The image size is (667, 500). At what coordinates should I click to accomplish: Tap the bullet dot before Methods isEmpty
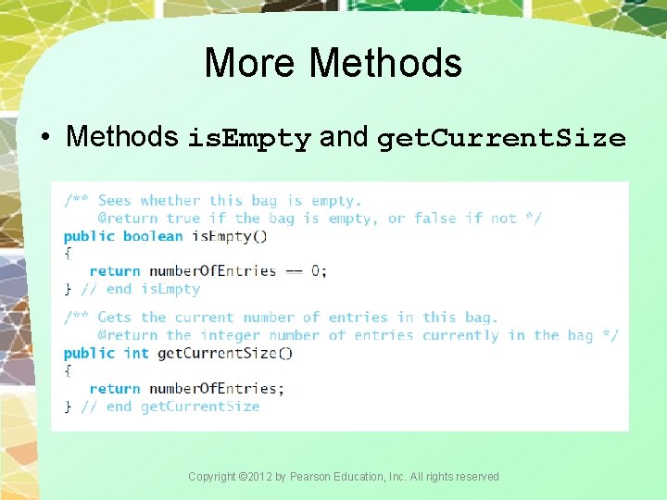pos(45,138)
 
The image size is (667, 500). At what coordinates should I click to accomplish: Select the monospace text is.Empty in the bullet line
pos(249,139)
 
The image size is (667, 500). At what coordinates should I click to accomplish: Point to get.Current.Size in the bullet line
pos(501,139)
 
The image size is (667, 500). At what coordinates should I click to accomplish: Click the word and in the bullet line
pos(344,137)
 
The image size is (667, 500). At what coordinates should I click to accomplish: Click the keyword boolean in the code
pos(153,236)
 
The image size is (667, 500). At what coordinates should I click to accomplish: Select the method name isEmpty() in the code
pos(229,236)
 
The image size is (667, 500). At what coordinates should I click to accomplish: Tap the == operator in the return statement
pos(294,271)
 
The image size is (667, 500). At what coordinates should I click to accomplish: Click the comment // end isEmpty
pos(140,289)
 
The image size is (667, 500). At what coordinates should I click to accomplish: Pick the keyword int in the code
pos(136,353)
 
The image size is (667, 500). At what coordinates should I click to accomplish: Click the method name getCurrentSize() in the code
pos(225,353)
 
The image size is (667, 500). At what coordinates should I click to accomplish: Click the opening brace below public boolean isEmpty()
pos(68,253)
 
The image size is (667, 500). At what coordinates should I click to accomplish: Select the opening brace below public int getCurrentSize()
pos(68,370)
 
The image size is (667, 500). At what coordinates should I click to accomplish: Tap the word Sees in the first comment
pos(115,201)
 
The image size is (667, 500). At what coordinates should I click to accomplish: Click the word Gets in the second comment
pos(115,318)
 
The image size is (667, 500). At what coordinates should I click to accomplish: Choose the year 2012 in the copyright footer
pos(255,477)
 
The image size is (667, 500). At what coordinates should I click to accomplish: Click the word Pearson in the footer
pos(309,477)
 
